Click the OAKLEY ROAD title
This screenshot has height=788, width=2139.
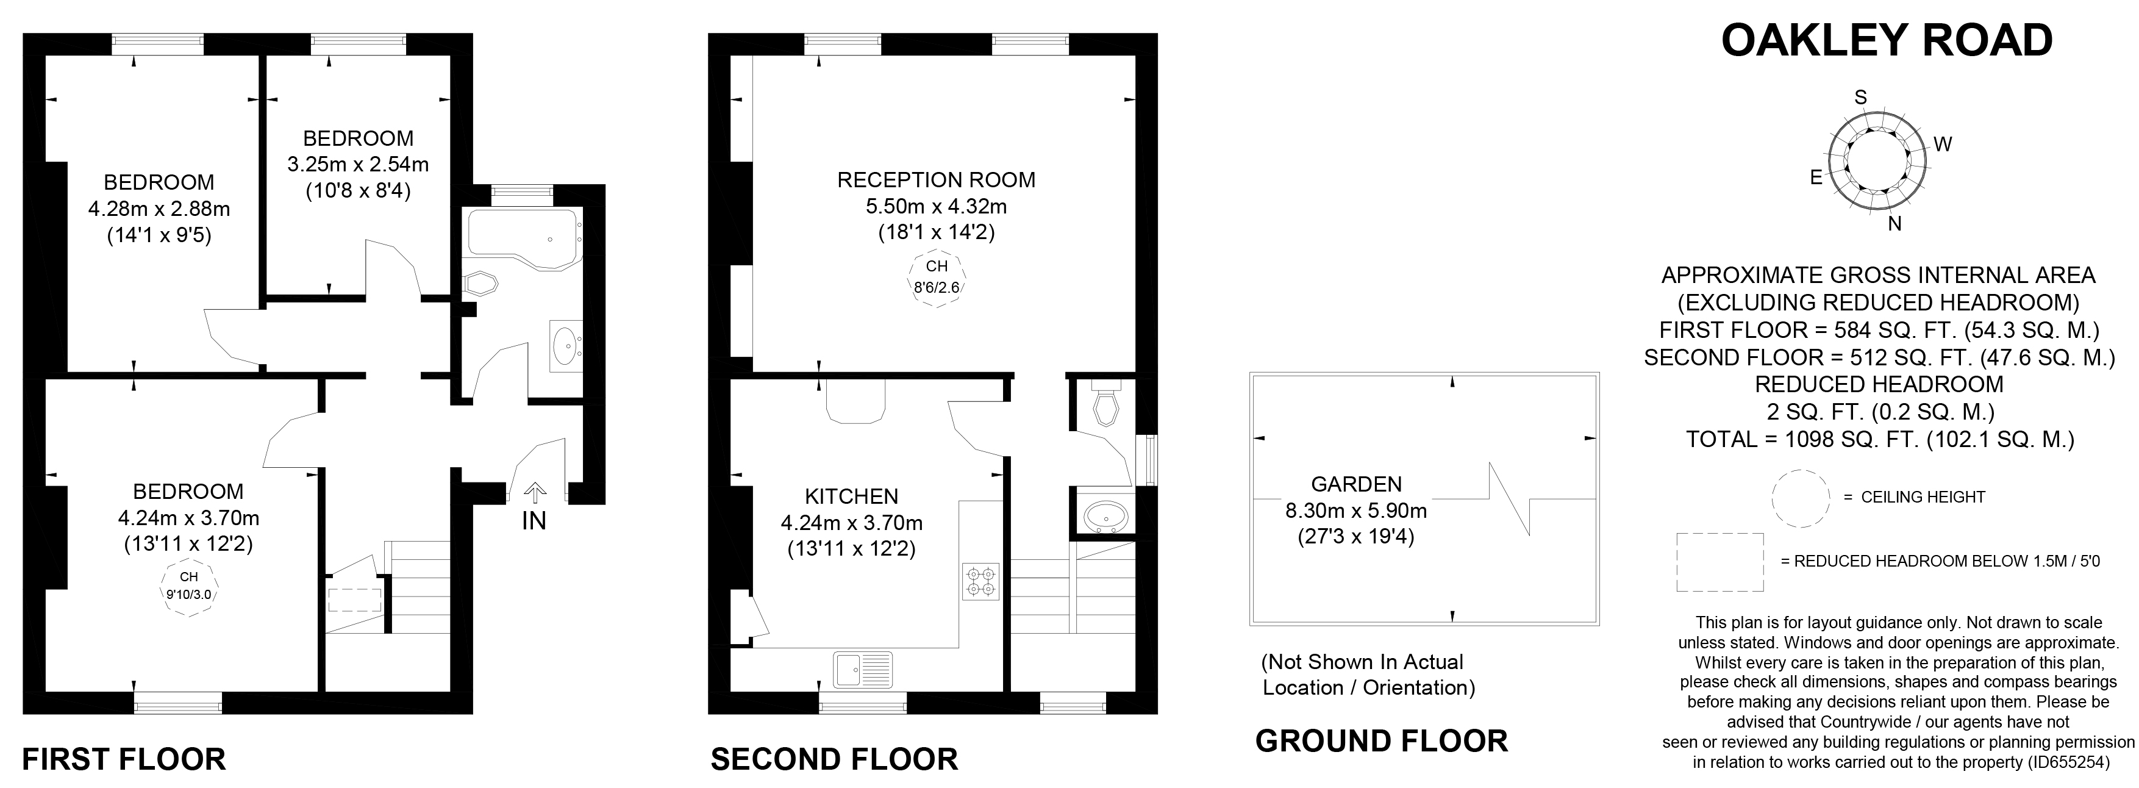pos(1887,41)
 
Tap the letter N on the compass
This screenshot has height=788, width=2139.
pos(1894,223)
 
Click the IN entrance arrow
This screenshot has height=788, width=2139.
pos(535,495)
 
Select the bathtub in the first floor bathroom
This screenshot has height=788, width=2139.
pos(523,237)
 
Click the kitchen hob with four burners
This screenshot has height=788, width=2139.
pos(980,581)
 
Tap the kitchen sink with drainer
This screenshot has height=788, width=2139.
pos(863,669)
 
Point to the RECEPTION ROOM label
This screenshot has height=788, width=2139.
pos(936,179)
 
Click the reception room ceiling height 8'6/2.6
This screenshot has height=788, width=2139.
pos(937,278)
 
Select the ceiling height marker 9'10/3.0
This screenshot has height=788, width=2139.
pos(188,586)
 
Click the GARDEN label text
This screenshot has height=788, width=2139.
pos(1356,484)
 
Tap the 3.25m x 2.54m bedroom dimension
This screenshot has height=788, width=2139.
pos(358,165)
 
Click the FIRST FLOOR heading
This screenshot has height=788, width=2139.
pos(124,759)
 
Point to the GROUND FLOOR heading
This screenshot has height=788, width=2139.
pos(1381,740)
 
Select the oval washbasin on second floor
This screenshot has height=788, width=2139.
pos(1105,515)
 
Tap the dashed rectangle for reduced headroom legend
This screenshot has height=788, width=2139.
pos(1719,562)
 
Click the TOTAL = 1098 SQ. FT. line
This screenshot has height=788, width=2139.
pos(1880,439)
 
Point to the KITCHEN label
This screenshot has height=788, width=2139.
pos(851,496)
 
